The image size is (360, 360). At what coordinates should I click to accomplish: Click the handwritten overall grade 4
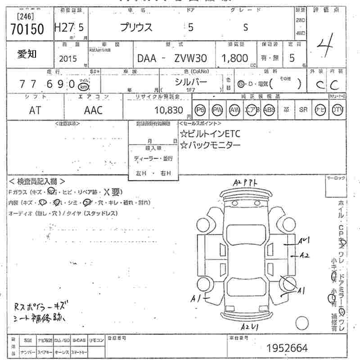[325, 45]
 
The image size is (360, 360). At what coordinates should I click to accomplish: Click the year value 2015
[68, 59]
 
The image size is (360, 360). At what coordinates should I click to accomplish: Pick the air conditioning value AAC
[93, 111]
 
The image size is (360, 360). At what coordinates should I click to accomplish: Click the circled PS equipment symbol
[200, 110]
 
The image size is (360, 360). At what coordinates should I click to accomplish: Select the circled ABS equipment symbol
[269, 110]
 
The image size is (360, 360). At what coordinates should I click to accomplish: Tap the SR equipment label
[303, 110]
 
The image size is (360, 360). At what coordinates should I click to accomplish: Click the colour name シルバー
[191, 82]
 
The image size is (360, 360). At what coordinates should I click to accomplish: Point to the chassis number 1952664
[287, 348]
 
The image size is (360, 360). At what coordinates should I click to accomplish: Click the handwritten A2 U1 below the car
[249, 326]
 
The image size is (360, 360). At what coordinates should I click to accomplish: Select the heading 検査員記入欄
[37, 181]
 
